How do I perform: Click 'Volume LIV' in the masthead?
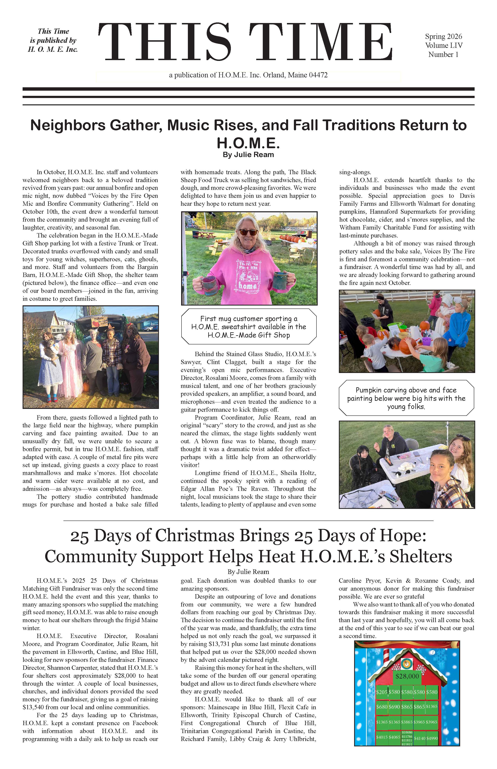pos(443,46)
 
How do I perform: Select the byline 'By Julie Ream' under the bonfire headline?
pos(248,155)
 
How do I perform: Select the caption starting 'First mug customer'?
pos(248,327)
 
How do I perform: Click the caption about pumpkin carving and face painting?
pos(406,398)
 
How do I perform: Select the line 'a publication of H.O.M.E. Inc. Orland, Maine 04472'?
pos(248,75)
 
